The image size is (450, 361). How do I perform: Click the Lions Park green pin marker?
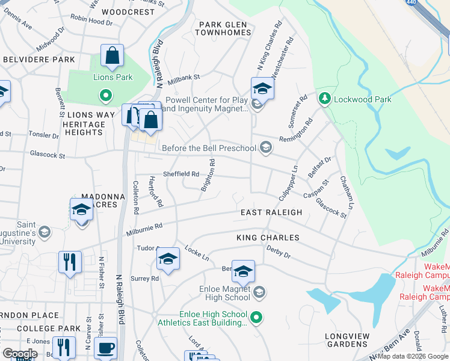(x=105, y=95)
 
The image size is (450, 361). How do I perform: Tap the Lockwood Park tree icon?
(x=325, y=97)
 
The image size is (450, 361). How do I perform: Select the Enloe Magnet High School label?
(x=224, y=293)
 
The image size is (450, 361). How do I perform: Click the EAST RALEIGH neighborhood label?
(x=271, y=212)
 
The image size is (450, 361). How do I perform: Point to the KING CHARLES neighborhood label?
(x=268, y=238)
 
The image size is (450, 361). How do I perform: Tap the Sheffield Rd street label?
(x=181, y=174)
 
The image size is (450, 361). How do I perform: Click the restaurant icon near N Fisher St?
(x=70, y=262)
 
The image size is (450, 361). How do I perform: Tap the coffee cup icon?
(x=106, y=348)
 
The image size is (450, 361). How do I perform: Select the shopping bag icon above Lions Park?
(x=112, y=56)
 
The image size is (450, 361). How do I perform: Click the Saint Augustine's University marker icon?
(x=43, y=232)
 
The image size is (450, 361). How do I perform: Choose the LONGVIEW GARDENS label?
(x=346, y=340)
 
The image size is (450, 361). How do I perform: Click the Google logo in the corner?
(x=20, y=354)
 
